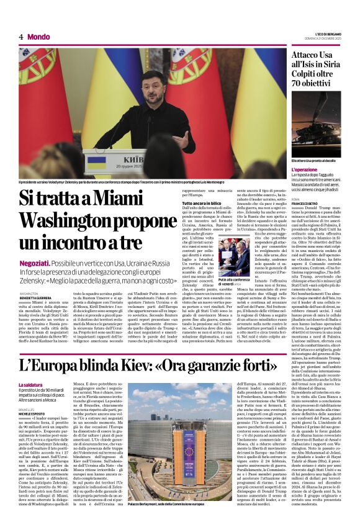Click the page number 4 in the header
click(21, 37)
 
